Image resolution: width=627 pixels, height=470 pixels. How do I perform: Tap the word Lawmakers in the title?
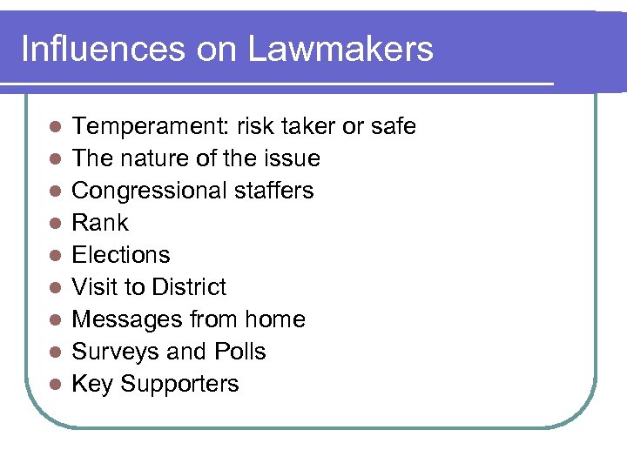coord(340,49)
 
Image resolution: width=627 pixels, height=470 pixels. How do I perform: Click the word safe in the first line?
coord(393,127)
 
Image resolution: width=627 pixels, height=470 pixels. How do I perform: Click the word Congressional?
coord(149,191)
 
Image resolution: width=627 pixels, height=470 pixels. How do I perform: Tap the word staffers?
coord(273,191)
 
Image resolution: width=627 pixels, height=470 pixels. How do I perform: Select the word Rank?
coord(99,223)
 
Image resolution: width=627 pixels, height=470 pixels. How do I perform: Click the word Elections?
coord(120,255)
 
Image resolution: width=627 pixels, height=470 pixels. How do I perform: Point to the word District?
coord(188,287)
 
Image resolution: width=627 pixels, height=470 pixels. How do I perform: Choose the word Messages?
coord(127,319)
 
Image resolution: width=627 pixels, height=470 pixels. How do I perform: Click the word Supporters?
coord(179,384)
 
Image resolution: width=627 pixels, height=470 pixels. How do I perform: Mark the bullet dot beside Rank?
coord(54,224)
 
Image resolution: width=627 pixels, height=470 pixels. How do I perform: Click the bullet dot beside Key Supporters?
coord(54,385)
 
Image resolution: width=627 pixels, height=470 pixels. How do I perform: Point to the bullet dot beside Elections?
coord(54,256)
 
